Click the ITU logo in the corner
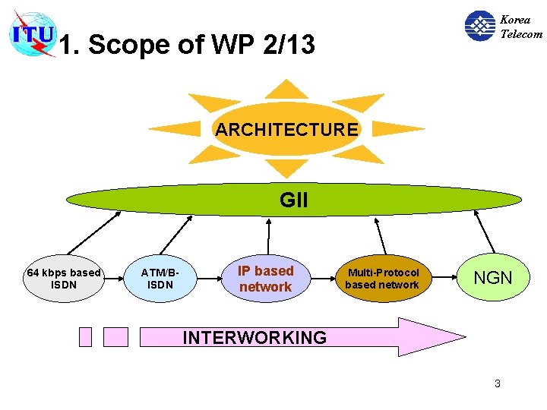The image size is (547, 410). tap(32, 33)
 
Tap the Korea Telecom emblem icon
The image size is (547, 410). tap(479, 26)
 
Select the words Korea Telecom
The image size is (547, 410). tap(521, 27)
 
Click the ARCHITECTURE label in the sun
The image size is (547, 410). tap(286, 130)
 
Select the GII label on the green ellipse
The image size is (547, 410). tap(294, 200)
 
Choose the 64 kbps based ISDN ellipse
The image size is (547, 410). tap(63, 279)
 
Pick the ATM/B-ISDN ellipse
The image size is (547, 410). tap(160, 279)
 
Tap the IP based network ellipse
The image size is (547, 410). tap(265, 279)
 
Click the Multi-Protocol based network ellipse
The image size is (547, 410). tap(383, 279)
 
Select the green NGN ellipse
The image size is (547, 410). tap(493, 278)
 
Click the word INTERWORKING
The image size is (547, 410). tap(255, 337)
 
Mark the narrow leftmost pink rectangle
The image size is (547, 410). tap(85, 336)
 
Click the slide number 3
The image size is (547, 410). tap(497, 383)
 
